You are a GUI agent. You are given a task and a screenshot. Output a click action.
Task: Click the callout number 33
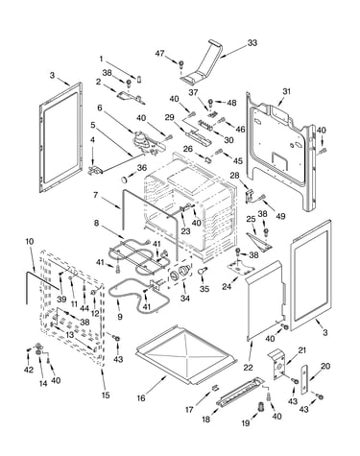(x=252, y=43)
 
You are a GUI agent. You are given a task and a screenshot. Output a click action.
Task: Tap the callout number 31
(x=286, y=91)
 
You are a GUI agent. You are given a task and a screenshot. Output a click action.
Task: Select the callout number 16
(x=141, y=398)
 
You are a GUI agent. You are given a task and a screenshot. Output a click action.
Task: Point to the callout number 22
(x=248, y=368)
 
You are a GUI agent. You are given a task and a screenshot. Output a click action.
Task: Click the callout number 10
(x=29, y=241)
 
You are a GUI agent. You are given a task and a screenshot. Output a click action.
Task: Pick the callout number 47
(x=159, y=54)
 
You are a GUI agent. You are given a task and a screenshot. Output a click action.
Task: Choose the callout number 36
(x=142, y=167)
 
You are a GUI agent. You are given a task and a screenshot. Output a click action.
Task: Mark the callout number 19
(x=246, y=423)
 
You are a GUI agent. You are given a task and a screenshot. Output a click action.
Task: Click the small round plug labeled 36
(x=124, y=180)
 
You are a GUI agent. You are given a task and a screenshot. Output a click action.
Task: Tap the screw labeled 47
(x=181, y=64)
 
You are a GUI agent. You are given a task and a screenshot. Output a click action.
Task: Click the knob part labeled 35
(x=203, y=271)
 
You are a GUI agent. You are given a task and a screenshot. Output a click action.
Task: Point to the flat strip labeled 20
(x=304, y=378)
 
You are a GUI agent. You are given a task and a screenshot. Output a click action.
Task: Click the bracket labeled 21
(x=277, y=364)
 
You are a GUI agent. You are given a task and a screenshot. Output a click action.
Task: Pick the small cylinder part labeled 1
(x=139, y=79)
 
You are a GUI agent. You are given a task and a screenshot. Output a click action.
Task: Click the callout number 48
(x=231, y=103)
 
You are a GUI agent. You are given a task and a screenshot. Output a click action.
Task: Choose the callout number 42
(x=29, y=370)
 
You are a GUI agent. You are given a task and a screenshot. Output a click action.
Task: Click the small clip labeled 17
(x=215, y=388)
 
